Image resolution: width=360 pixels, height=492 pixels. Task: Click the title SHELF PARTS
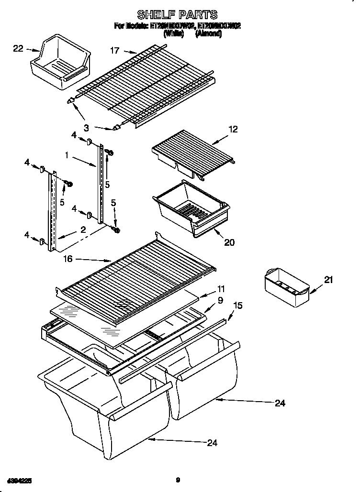coord(177,15)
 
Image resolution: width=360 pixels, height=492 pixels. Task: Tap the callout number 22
coord(18,48)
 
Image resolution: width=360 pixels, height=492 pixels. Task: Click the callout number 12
coord(233,129)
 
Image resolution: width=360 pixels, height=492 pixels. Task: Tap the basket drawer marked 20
coord(191,207)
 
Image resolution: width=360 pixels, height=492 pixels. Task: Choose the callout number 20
coord(229,242)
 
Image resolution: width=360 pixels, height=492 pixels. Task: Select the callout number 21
coord(328,280)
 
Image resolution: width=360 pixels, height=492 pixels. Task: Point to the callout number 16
coord(67,259)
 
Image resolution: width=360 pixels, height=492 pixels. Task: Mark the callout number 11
coord(220,289)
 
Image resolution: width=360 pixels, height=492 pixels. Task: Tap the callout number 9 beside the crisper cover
coord(220,301)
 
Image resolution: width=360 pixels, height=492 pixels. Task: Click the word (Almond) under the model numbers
coord(209,34)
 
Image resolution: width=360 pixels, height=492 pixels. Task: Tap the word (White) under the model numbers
coord(174,34)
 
